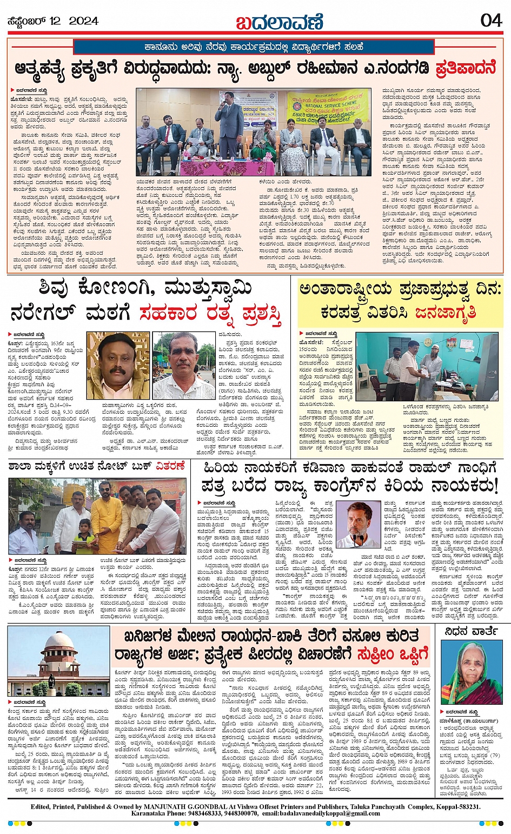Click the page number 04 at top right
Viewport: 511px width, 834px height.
click(x=491, y=21)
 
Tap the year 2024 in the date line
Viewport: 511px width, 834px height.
click(x=84, y=21)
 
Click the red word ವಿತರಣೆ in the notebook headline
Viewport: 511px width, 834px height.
click(x=170, y=466)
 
